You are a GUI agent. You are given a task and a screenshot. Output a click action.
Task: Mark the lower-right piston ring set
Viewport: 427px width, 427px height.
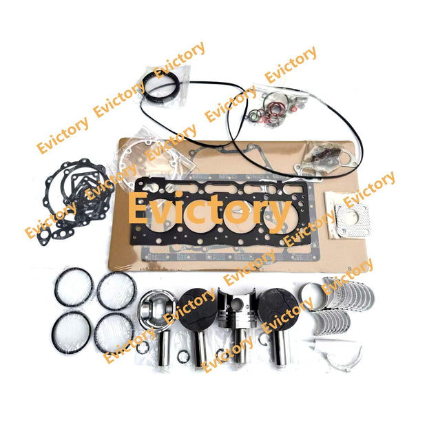pos(114,333)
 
